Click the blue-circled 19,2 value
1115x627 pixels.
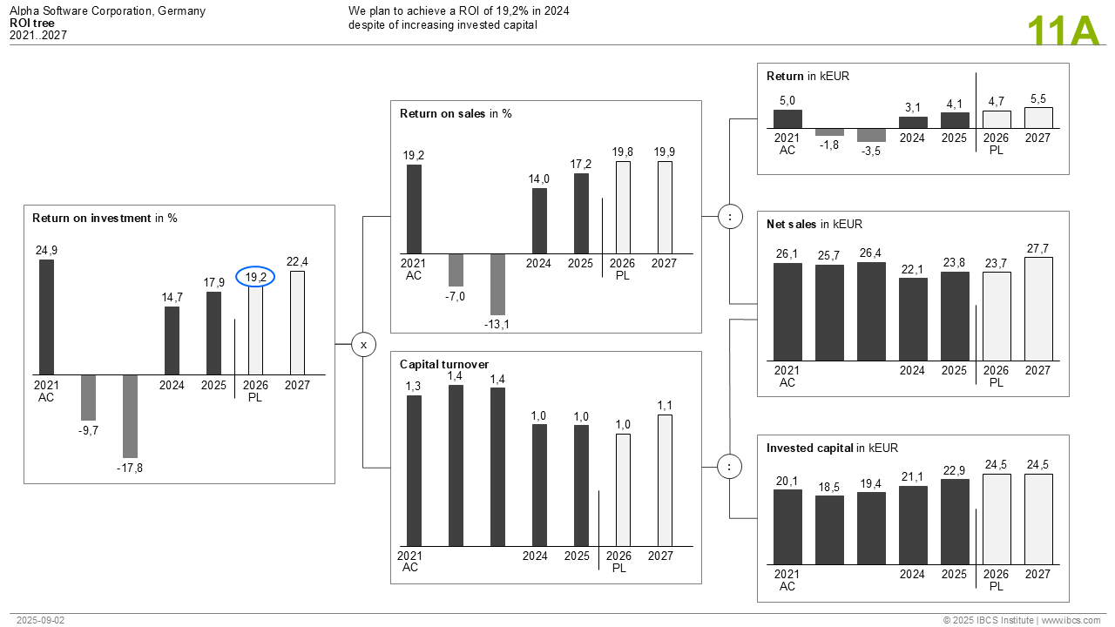pyautogui.click(x=255, y=277)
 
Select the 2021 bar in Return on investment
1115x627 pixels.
pyautogui.click(x=46, y=317)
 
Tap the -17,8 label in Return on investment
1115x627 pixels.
pyautogui.click(x=130, y=468)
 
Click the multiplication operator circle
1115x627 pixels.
pyautogui.click(x=363, y=345)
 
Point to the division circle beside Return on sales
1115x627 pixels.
pyautogui.click(x=730, y=217)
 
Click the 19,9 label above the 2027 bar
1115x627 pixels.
pyautogui.click(x=664, y=152)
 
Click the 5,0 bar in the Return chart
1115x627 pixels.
pyautogui.click(x=787, y=119)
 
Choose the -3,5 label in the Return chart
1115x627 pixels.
pyautogui.click(x=871, y=152)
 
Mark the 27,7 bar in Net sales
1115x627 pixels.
pyautogui.click(x=1038, y=308)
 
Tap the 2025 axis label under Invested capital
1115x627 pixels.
pyautogui.click(x=954, y=574)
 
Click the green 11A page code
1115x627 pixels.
pyautogui.click(x=1064, y=31)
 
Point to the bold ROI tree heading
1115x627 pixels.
pyautogui.click(x=32, y=24)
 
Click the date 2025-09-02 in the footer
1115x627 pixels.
pyautogui.click(x=40, y=620)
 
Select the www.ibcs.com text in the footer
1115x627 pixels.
pyautogui.click(x=1071, y=620)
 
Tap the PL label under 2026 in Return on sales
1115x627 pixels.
pyautogui.click(x=622, y=275)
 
